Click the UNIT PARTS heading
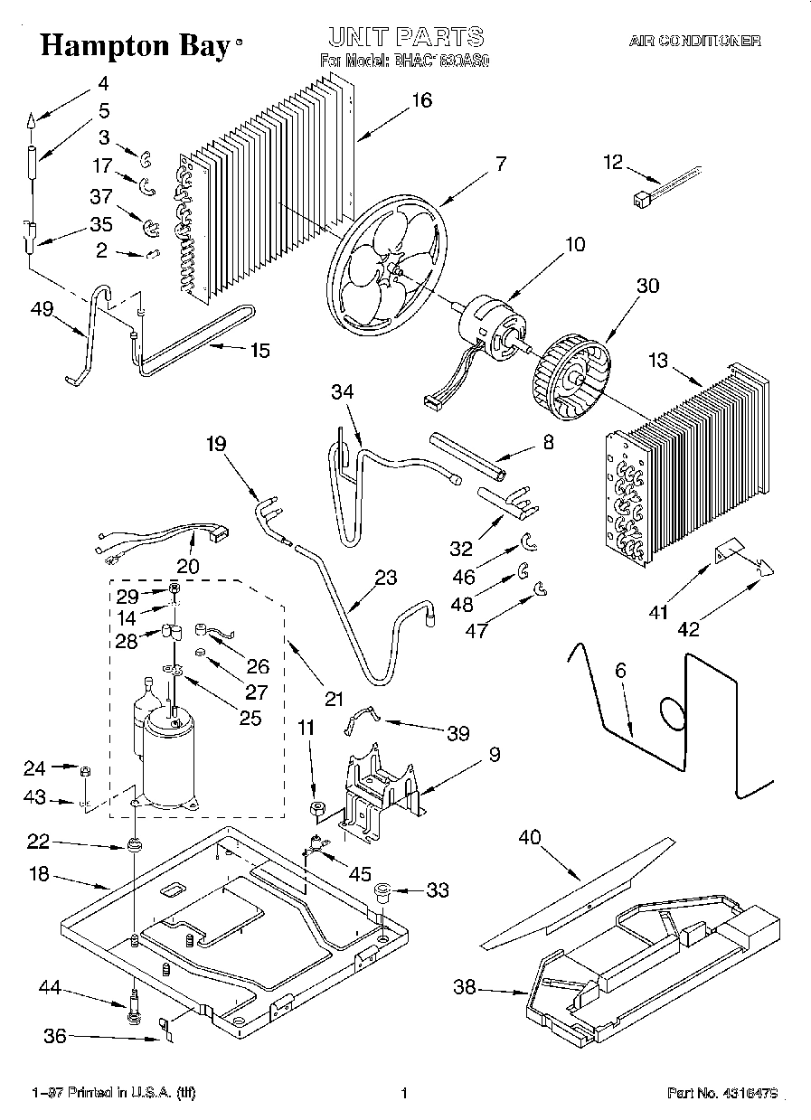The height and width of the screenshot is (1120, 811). tap(405, 37)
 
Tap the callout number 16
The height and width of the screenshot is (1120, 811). tap(421, 101)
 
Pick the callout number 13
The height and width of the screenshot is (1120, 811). tap(657, 362)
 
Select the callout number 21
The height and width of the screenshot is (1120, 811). tap(335, 698)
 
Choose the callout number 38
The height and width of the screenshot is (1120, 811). tap(465, 989)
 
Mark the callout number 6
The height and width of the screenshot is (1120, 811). tap(620, 672)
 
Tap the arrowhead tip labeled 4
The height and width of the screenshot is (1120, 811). tap(29, 119)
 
